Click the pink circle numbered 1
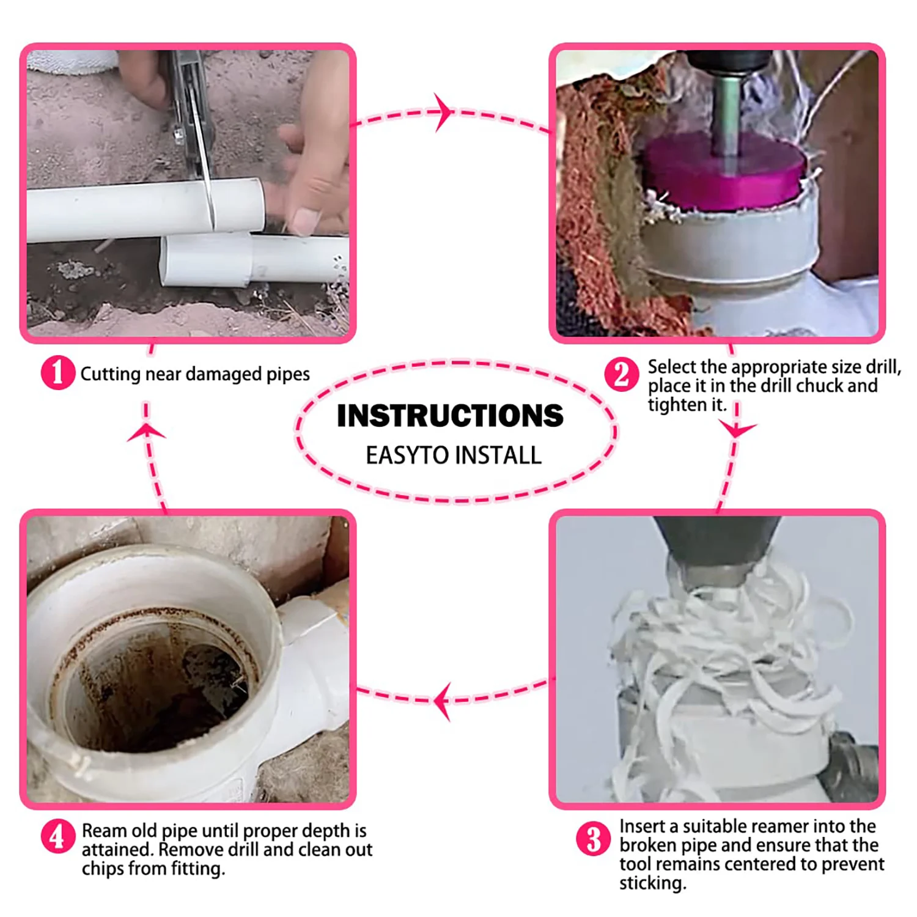58,372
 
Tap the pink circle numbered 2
622,374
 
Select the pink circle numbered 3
594,839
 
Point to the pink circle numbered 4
58,836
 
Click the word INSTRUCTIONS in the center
450,416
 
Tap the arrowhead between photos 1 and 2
444,112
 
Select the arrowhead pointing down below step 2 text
737,430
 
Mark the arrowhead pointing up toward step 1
146,432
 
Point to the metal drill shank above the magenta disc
726,113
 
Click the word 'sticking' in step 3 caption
653,884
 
